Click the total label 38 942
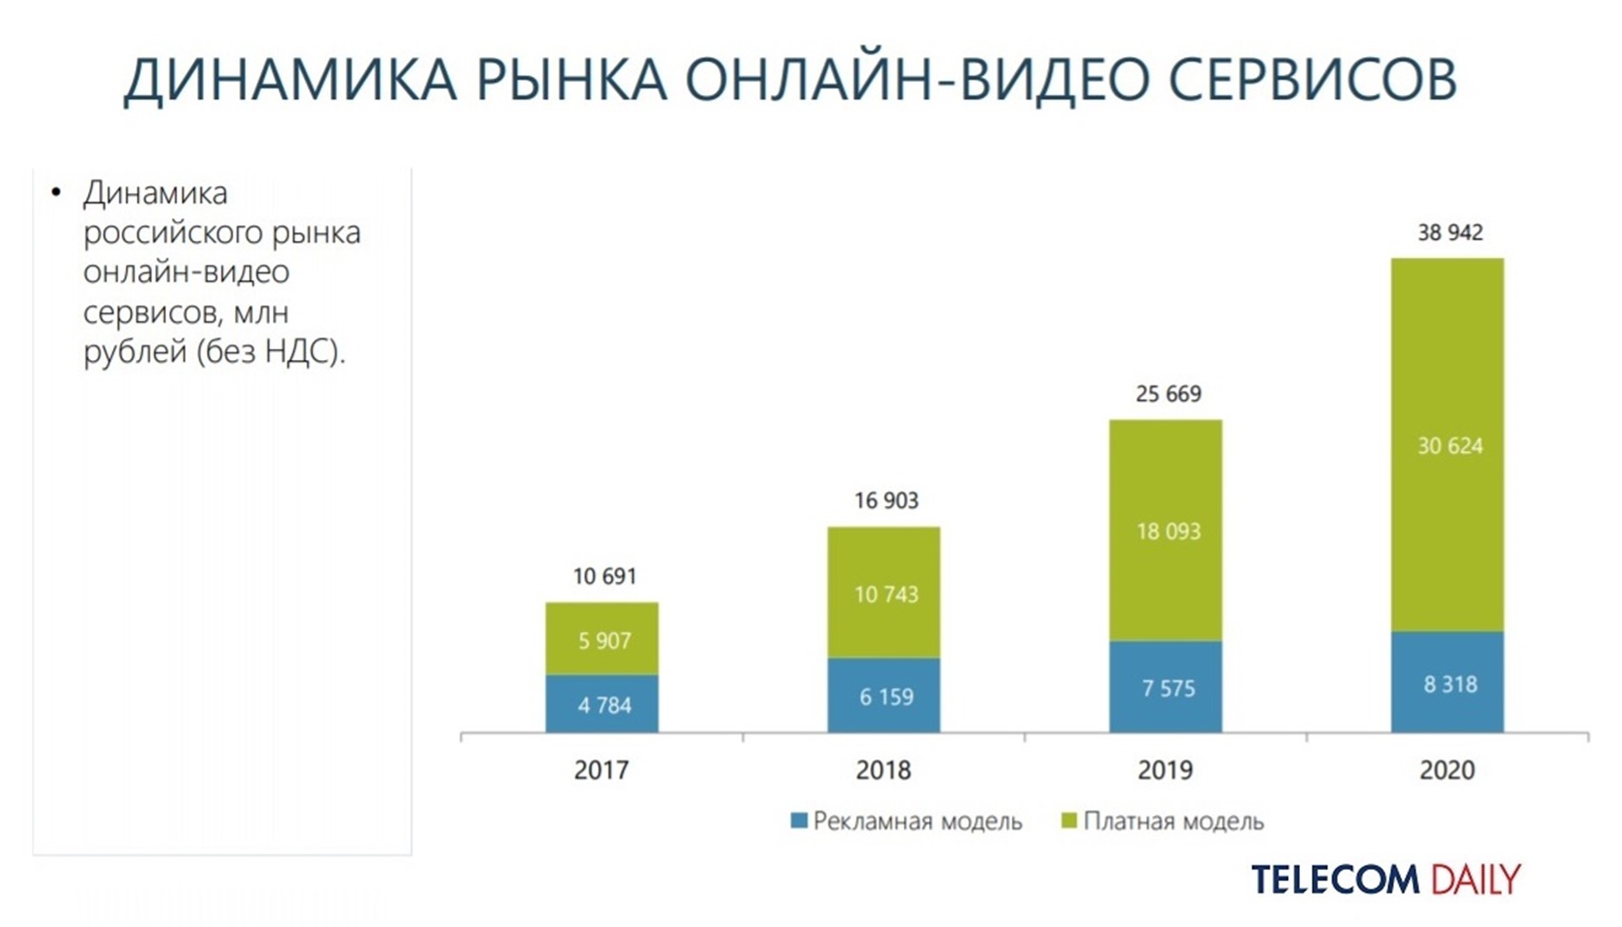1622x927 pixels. [x=1449, y=233]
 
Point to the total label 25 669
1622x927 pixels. [x=1167, y=394]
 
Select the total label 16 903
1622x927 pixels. [x=886, y=501]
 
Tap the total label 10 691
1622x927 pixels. [x=604, y=576]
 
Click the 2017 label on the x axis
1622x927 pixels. [x=602, y=770]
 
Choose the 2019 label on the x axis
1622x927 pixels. [x=1165, y=770]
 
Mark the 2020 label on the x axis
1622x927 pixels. [x=1447, y=770]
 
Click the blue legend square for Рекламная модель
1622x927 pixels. [x=798, y=821]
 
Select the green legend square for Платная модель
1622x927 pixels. [x=1069, y=821]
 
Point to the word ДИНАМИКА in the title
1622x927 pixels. [x=290, y=79]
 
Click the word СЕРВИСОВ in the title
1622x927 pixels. [x=1312, y=79]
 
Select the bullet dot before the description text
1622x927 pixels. [x=56, y=192]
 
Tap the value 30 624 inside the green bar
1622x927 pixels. [x=1449, y=446]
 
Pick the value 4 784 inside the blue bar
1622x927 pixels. [x=604, y=706]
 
